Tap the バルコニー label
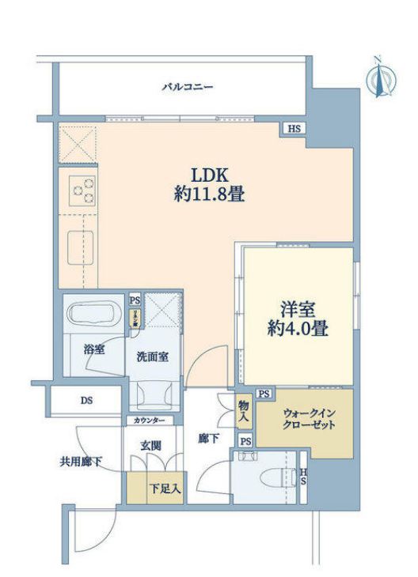point(188,88)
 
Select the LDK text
point(208,173)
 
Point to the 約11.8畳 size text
point(208,194)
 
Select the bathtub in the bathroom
point(95,314)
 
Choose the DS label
point(85,401)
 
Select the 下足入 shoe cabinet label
point(165,488)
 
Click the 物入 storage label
point(244,409)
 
